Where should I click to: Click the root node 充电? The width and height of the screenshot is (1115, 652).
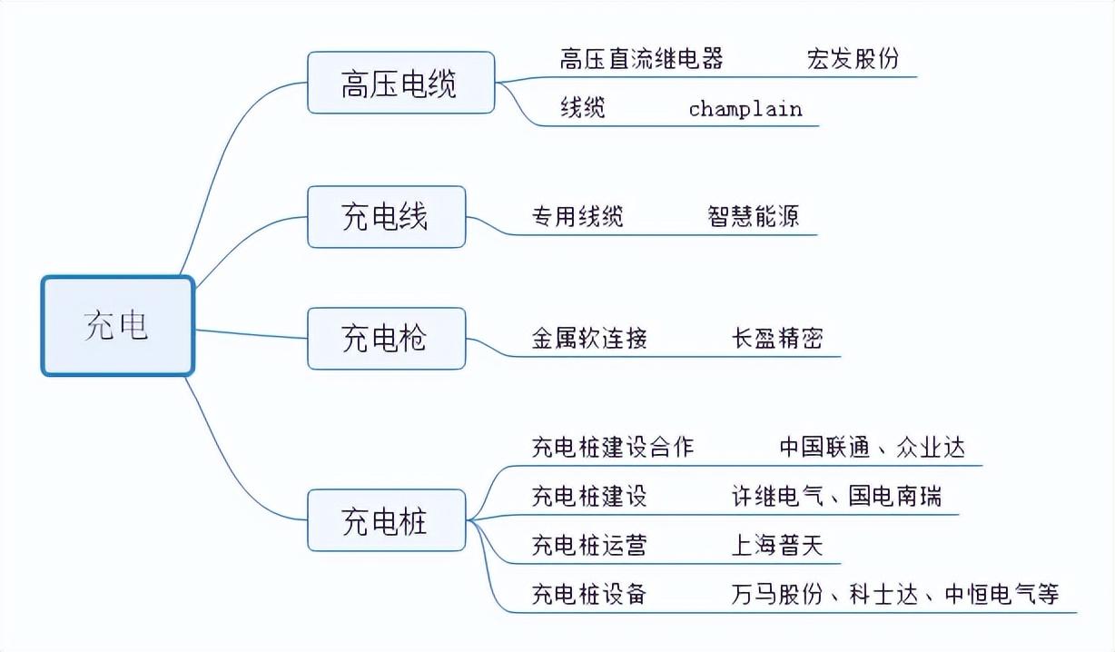click(x=117, y=325)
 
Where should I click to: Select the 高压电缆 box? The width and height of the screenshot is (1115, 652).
click(x=400, y=83)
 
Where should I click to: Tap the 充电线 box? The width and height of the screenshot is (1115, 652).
click(x=386, y=216)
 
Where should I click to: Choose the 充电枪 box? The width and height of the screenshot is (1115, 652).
click(x=386, y=339)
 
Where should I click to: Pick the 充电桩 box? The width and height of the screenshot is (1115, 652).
click(x=386, y=520)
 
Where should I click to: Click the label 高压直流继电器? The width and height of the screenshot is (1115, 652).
click(x=641, y=59)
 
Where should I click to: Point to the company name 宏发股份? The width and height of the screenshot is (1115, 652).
click(x=853, y=59)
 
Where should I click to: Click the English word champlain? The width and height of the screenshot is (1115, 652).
click(x=745, y=109)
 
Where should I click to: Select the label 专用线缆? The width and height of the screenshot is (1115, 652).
click(x=577, y=216)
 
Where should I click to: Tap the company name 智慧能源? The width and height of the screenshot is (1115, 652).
click(x=753, y=216)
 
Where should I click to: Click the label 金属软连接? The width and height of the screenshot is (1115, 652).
click(x=589, y=339)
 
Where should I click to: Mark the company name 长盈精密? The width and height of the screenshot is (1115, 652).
click(x=777, y=339)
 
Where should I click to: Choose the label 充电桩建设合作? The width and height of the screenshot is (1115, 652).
click(x=613, y=447)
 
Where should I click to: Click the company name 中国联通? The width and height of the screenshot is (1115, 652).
click(x=824, y=447)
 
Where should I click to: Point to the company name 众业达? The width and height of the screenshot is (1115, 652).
click(x=931, y=447)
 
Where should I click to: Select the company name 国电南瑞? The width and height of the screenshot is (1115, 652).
click(x=894, y=496)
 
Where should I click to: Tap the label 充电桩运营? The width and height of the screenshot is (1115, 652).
click(x=589, y=545)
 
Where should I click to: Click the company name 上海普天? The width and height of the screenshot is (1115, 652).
click(x=777, y=545)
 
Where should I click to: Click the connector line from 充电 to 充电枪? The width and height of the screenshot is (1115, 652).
click(x=252, y=334)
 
